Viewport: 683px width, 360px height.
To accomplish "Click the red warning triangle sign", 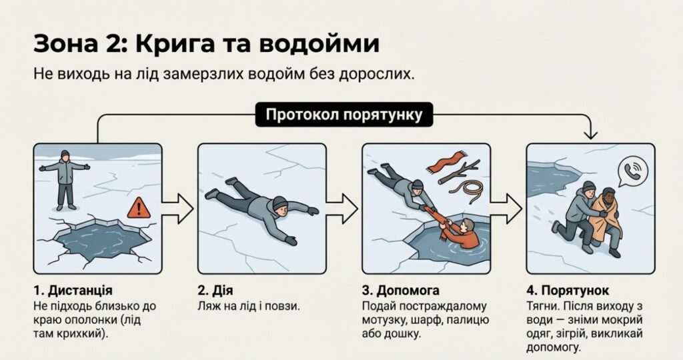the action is click(139, 208).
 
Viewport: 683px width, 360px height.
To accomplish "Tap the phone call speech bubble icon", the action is click(633, 171).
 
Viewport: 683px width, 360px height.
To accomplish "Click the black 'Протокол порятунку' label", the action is click(344, 115).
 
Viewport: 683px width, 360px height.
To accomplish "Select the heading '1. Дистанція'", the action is click(73, 290).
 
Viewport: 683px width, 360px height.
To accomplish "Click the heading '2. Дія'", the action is click(215, 290).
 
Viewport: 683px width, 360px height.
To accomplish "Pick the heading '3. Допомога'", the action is click(401, 290).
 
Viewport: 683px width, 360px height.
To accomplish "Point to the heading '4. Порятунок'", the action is click(568, 290).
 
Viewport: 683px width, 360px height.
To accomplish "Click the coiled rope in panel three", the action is click(467, 191).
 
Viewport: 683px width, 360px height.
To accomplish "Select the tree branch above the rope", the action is click(459, 171).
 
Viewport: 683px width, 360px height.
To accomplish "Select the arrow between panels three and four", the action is click(506, 209).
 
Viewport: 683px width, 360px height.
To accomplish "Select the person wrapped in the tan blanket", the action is click(606, 220).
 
